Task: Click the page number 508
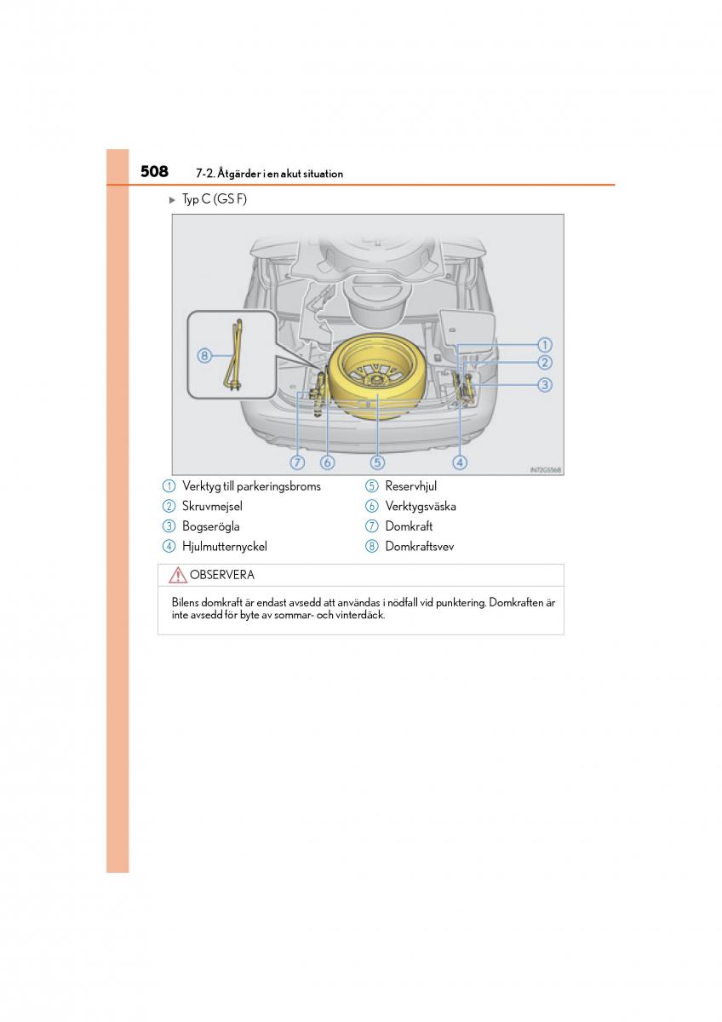154,172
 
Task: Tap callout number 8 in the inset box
204,356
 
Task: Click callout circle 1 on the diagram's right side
545,345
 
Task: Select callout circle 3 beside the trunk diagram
545,385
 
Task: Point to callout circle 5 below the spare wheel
377,462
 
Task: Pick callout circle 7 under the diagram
297,462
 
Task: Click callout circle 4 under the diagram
460,462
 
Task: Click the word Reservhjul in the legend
410,486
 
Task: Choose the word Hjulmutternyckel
224,547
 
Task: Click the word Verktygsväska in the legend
421,507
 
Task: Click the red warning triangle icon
178,576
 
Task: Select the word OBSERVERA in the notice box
221,575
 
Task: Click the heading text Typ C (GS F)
214,200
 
